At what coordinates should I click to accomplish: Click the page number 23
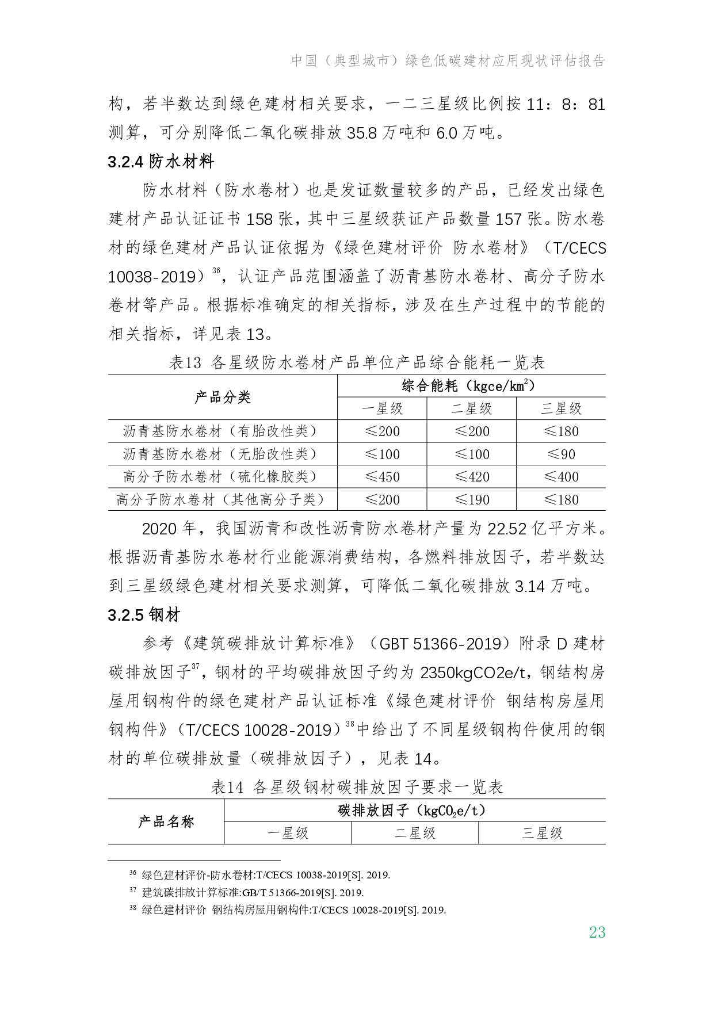pyautogui.click(x=597, y=932)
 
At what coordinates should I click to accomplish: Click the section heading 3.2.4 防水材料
pyautogui.click(x=161, y=162)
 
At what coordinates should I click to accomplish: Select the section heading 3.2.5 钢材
pyautogui.click(x=144, y=615)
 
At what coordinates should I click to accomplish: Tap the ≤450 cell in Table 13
pyautogui.click(x=383, y=477)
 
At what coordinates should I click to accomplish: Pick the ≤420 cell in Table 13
pyautogui.click(x=472, y=477)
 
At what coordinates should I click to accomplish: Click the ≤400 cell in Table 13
pyautogui.click(x=561, y=477)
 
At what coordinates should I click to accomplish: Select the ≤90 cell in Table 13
pyautogui.click(x=561, y=454)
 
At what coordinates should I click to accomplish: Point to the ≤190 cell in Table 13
pyautogui.click(x=472, y=500)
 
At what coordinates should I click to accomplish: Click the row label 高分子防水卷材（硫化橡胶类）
pyautogui.click(x=222, y=477)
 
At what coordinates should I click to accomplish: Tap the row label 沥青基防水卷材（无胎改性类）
pyautogui.click(x=222, y=454)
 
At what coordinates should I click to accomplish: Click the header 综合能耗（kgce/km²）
pyautogui.click(x=471, y=386)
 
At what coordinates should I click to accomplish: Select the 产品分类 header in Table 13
pyautogui.click(x=222, y=398)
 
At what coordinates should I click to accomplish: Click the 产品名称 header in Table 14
pyautogui.click(x=166, y=821)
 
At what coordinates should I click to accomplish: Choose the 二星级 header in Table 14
pyautogui.click(x=415, y=833)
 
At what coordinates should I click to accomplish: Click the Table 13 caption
pyautogui.click(x=357, y=363)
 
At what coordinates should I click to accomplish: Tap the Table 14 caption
pyautogui.click(x=357, y=787)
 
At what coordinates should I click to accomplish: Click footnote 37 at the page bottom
pyautogui.click(x=247, y=893)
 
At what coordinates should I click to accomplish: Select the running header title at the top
pyautogui.click(x=449, y=61)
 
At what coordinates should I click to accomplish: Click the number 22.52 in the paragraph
pyautogui.click(x=507, y=529)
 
